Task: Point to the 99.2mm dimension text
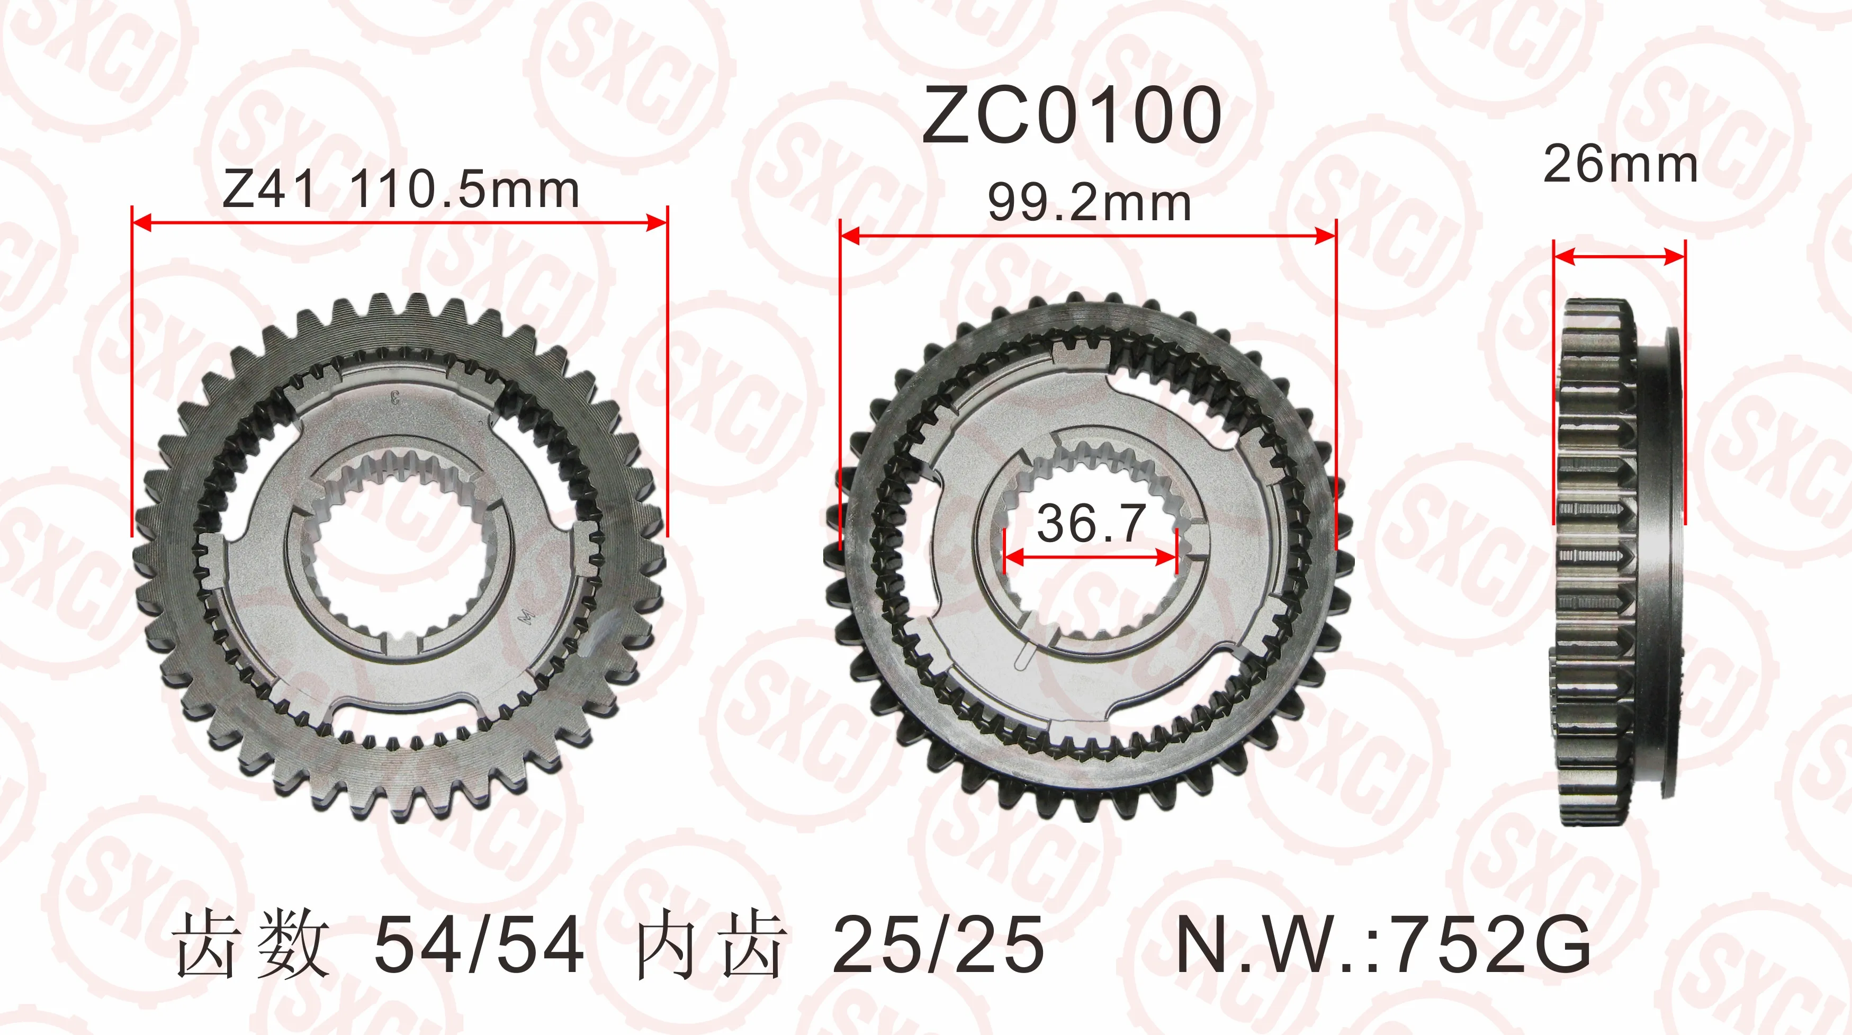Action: click(x=1089, y=203)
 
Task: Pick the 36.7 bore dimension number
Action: click(x=1091, y=523)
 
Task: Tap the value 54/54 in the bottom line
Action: click(x=479, y=944)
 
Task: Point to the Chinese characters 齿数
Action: click(x=251, y=944)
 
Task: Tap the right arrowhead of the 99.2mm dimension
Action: click(x=1326, y=236)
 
